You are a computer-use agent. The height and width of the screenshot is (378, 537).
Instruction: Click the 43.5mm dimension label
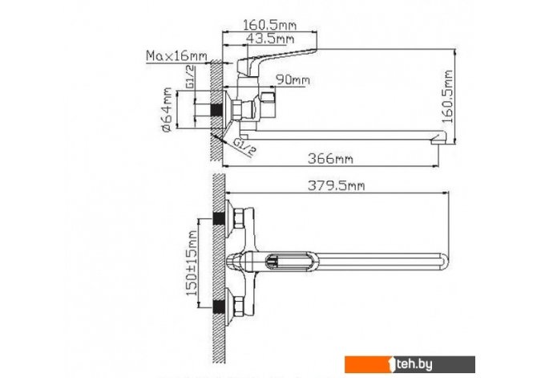point(270,39)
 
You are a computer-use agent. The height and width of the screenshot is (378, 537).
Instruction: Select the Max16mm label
point(176,55)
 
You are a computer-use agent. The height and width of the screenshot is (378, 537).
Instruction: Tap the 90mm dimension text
point(293,80)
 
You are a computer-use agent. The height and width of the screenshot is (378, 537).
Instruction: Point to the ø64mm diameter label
point(168,110)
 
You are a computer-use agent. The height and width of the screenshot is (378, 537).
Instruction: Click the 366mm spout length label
point(330,159)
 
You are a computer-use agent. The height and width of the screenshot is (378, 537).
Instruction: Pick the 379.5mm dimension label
point(337,185)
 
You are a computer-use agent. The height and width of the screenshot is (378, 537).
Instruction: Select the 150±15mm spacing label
point(192,263)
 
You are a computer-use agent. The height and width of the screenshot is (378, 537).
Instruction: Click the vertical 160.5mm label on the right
point(447,96)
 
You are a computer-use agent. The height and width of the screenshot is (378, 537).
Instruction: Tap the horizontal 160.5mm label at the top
point(269,25)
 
